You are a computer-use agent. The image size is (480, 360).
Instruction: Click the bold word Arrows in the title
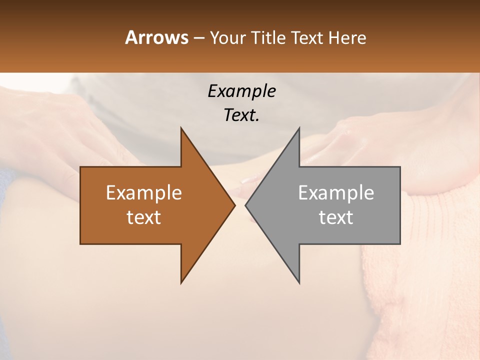156,37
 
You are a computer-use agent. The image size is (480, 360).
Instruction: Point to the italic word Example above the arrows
241,91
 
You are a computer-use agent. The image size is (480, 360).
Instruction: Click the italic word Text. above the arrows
241,115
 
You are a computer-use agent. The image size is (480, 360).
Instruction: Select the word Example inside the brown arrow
143,192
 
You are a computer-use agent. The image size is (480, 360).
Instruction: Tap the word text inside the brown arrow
143,217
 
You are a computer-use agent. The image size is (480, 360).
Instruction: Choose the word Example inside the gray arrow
336,192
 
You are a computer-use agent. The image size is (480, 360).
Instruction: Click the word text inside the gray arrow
336,217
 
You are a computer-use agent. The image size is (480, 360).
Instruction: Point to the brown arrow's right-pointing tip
234,205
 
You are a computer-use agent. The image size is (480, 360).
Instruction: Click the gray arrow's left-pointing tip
246,205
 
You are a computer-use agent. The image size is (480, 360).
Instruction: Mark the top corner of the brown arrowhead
181,128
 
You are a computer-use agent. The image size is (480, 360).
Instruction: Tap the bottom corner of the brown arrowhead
181,282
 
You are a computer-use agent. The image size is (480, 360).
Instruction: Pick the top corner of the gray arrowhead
299,128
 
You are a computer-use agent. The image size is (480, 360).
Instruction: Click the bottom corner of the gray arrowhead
299,282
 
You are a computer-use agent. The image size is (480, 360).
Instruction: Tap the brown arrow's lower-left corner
81,243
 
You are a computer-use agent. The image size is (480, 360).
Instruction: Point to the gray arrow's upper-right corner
399,167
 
